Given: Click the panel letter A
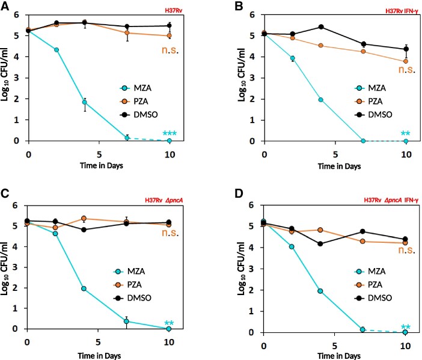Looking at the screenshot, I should click(x=5, y=5).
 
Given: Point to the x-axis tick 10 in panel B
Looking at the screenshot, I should click(x=406, y=153).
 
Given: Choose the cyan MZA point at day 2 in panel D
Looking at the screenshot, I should click(x=292, y=246).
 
